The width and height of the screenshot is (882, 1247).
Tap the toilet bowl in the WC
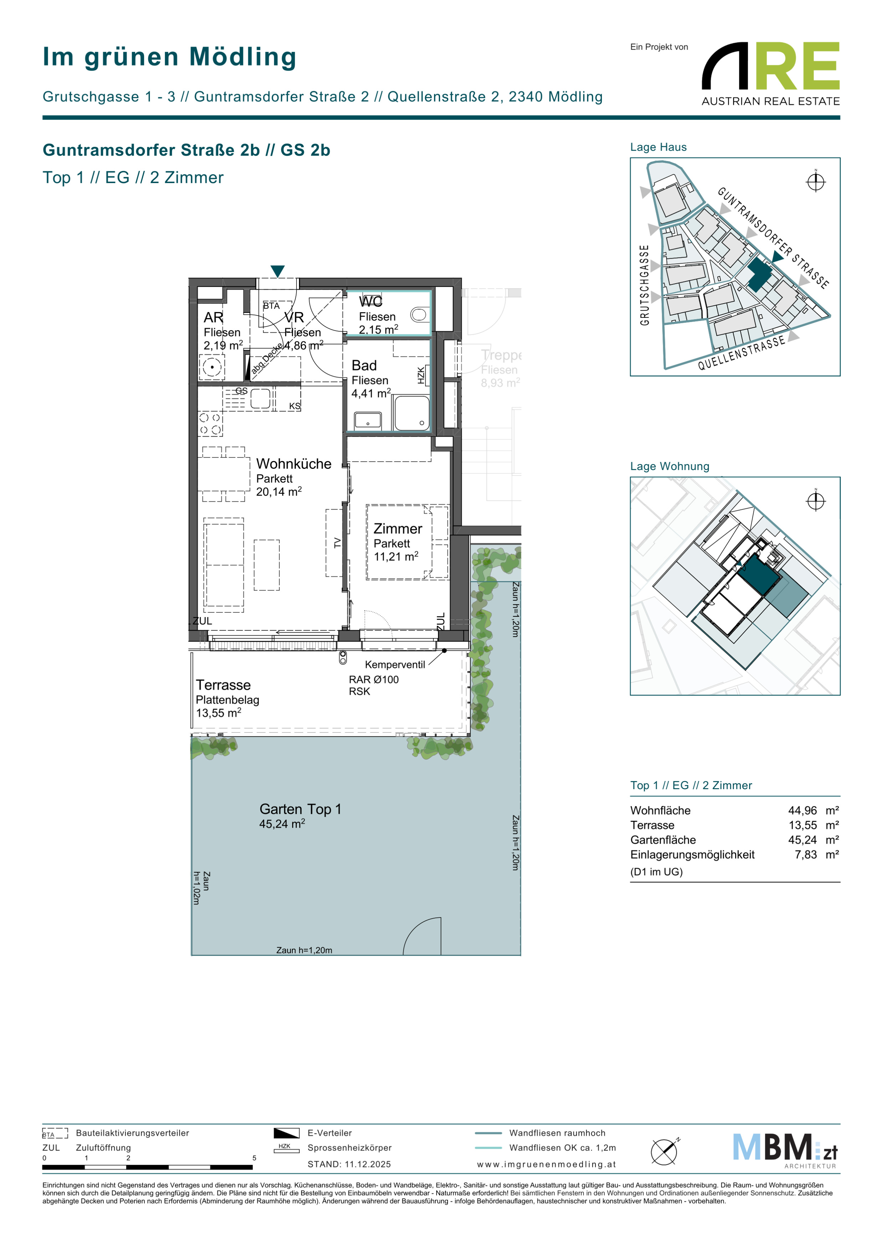click(x=419, y=314)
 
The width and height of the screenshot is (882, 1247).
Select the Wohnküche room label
click(x=294, y=464)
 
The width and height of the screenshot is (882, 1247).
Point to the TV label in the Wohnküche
click(x=337, y=543)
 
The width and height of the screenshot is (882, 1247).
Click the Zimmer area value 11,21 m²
click(x=396, y=557)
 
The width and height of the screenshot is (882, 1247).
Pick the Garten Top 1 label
click(x=300, y=809)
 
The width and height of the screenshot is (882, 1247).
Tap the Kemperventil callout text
click(x=395, y=665)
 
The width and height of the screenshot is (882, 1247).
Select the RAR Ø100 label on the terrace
click(x=374, y=679)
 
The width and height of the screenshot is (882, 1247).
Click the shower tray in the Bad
click(x=412, y=413)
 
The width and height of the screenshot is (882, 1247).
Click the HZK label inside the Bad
click(x=421, y=375)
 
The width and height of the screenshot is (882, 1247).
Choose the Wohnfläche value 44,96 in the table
click(x=802, y=810)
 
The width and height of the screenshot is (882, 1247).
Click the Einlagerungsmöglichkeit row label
click(x=692, y=854)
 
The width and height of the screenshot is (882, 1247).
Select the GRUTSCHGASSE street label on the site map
click(x=645, y=285)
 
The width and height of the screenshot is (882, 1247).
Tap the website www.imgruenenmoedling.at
click(x=546, y=1164)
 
